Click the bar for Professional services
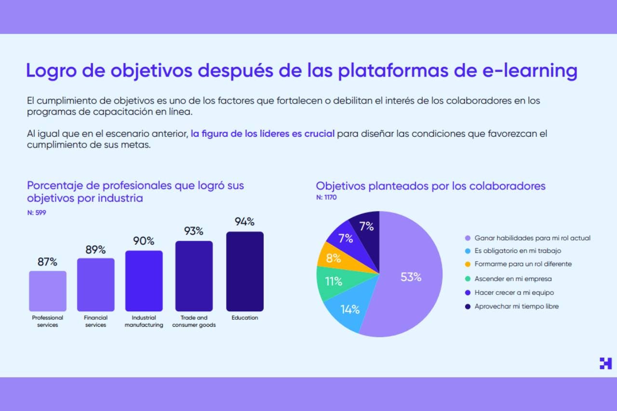point(48,291)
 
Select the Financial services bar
point(95,285)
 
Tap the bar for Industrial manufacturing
point(144,281)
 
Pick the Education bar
point(245,271)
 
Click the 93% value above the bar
point(194,231)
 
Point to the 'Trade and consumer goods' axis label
point(194,321)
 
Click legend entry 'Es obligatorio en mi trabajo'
point(517,251)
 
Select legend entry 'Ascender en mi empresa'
point(513,278)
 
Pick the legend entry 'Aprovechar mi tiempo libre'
point(516,306)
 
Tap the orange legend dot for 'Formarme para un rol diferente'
point(468,265)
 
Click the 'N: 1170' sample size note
point(326,197)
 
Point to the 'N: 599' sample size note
point(37,212)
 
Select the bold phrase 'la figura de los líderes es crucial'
point(262,133)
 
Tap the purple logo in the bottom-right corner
point(605,363)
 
